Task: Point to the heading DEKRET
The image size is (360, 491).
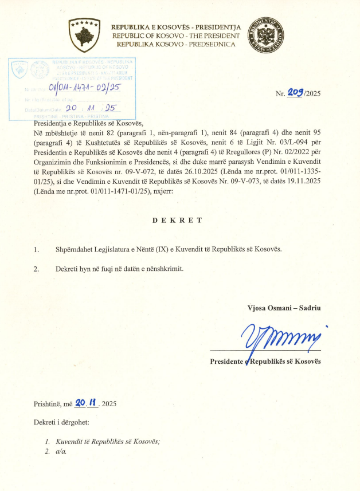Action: point(179,220)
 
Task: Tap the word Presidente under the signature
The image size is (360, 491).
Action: point(228,362)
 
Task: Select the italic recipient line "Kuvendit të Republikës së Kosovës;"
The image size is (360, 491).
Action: point(107,441)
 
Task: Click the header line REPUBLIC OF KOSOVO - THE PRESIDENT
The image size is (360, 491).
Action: point(176,35)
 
